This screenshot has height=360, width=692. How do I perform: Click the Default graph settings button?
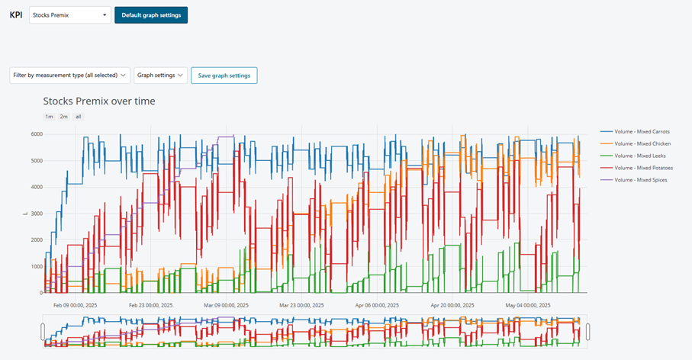[151, 15]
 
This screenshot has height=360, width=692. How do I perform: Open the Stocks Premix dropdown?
[69, 15]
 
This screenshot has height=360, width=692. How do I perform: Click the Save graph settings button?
[224, 76]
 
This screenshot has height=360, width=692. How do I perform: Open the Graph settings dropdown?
[160, 76]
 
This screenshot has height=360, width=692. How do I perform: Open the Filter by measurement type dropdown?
[69, 76]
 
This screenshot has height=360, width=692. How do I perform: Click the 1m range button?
[49, 117]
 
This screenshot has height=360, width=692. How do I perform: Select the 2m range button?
[63, 117]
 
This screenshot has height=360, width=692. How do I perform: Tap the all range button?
[78, 117]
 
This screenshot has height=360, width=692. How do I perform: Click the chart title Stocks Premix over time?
[99, 101]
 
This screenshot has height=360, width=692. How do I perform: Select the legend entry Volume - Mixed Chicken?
[642, 143]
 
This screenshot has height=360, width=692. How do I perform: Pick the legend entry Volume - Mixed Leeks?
[639, 156]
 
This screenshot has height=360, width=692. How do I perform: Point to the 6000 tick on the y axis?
[37, 134]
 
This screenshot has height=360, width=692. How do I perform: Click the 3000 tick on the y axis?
[37, 214]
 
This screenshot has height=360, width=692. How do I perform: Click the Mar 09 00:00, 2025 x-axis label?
[226, 304]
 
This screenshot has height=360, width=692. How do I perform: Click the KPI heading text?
[15, 15]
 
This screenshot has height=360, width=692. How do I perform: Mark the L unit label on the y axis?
[27, 214]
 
